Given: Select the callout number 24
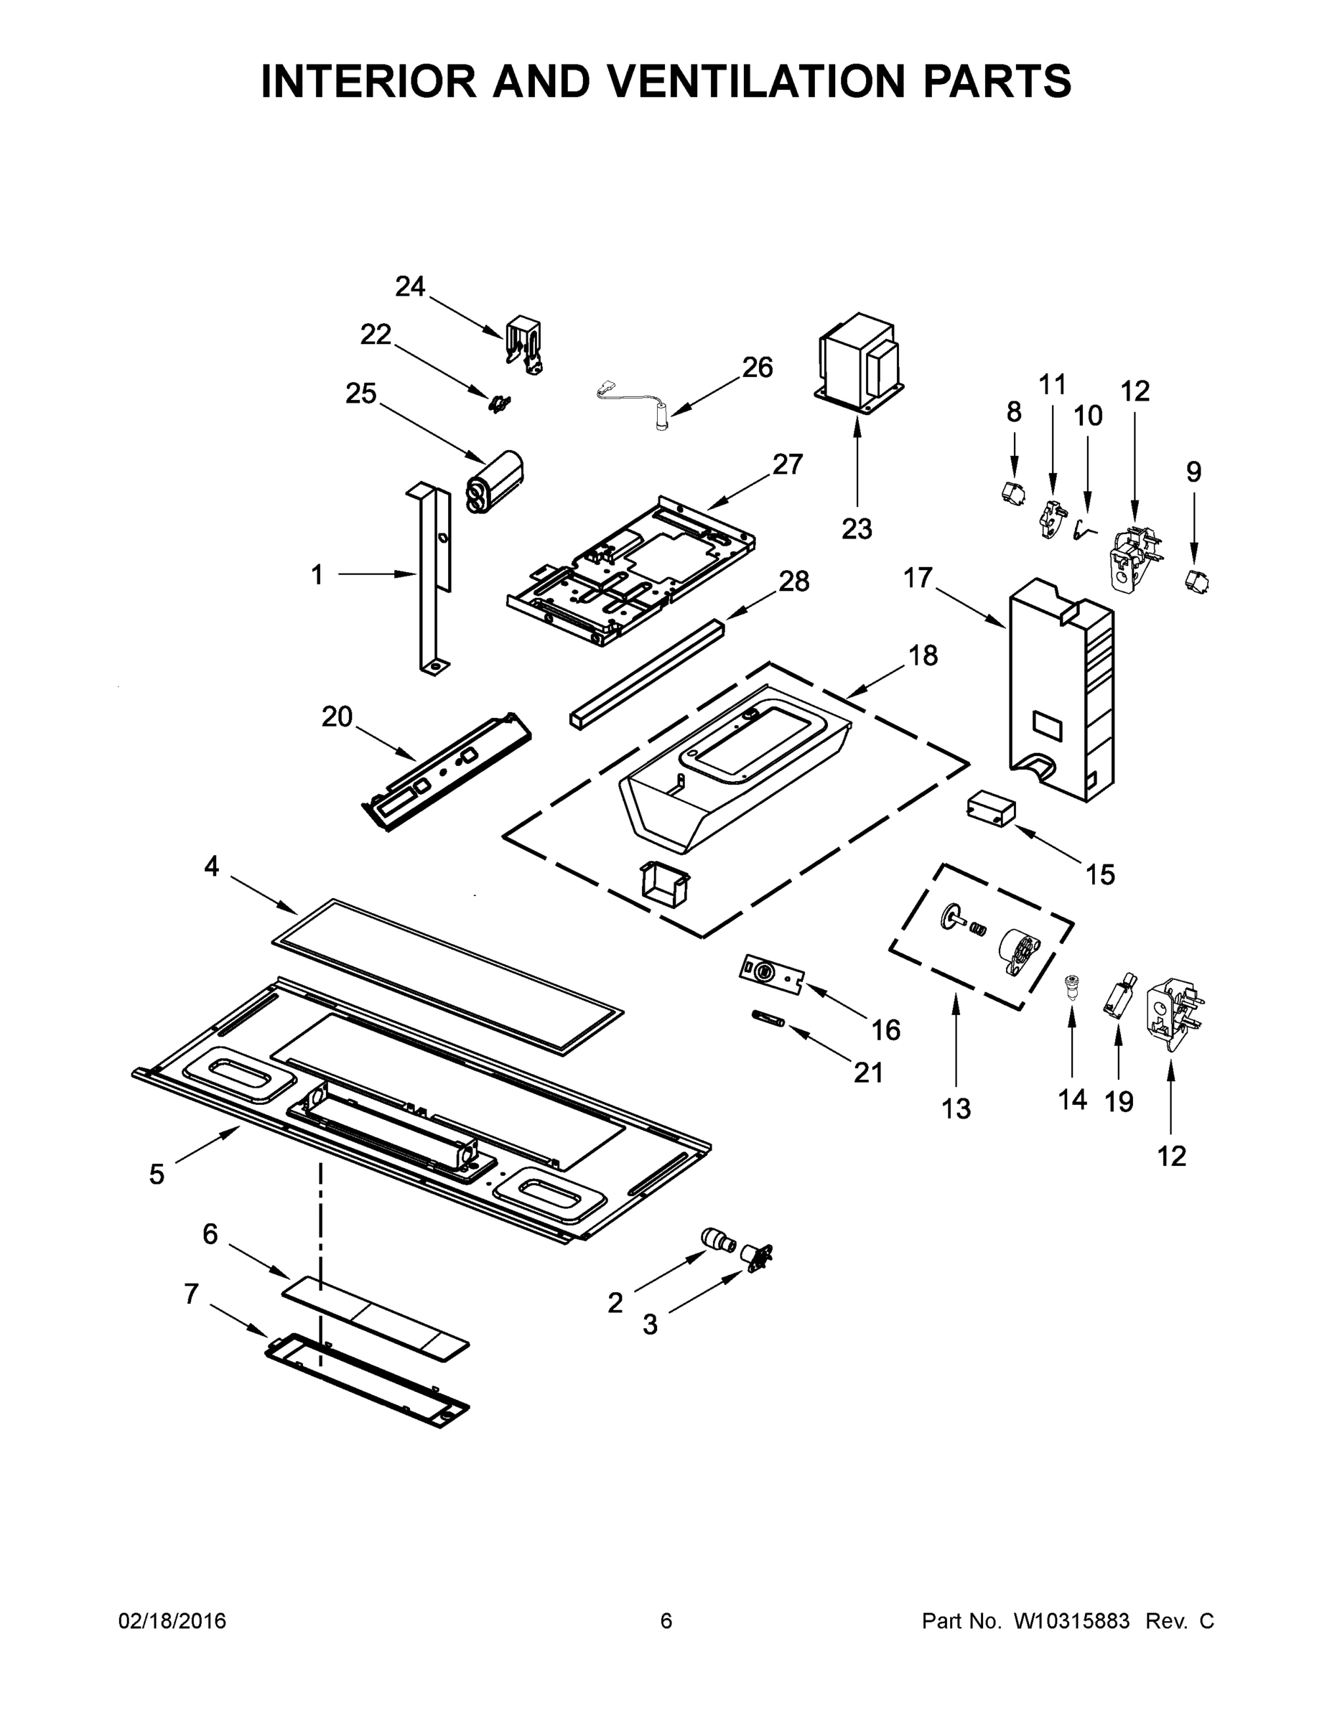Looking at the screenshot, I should click(x=410, y=286).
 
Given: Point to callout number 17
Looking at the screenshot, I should click(x=918, y=578).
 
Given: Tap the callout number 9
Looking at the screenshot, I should click(x=1193, y=472).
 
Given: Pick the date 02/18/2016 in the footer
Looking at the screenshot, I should click(x=172, y=1620).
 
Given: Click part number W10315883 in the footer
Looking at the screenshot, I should click(x=1071, y=1620).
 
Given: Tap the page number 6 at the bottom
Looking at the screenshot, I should click(x=666, y=1620).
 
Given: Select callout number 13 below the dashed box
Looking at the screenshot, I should click(x=956, y=1108).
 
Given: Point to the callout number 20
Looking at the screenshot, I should click(x=336, y=716).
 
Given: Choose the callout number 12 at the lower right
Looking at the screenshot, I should click(x=1171, y=1156).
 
